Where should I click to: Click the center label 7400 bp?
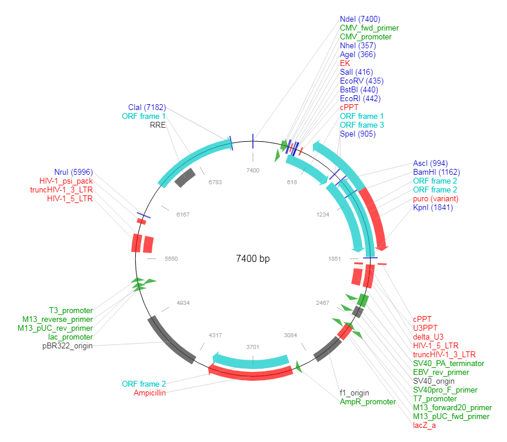tap(252, 258)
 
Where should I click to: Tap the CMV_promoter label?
tap(365, 36)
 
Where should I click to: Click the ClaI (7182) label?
tap(147, 107)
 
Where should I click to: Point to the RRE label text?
tap(158, 125)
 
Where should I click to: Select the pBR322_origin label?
tap(67, 345)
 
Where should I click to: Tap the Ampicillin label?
tap(149, 393)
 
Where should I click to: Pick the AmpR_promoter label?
tap(368, 401)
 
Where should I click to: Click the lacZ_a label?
tap(424, 425)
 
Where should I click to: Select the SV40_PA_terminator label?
tap(448, 363)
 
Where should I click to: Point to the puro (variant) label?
tap(436, 199)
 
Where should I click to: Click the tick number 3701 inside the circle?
tap(252, 347)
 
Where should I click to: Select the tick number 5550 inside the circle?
tap(155, 258)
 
